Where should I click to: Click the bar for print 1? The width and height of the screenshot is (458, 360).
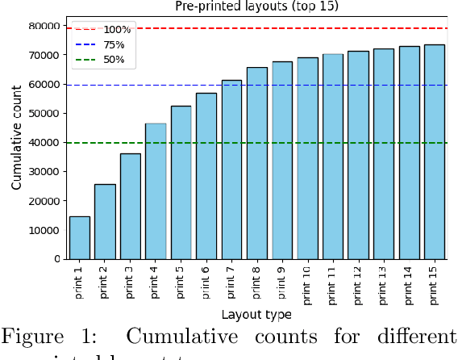pyautogui.click(x=80, y=237)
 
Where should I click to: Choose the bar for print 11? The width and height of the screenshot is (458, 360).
pyautogui.click(x=333, y=157)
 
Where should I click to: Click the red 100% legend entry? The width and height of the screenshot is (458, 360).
pyautogui.click(x=102, y=30)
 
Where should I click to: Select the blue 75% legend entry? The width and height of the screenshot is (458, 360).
pyautogui.click(x=102, y=44)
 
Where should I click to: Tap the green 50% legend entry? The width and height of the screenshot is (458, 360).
pyautogui.click(x=102, y=59)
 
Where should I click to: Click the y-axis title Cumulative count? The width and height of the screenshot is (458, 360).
pyautogui.click(x=16, y=142)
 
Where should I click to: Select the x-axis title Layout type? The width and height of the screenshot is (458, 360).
pyautogui.click(x=256, y=314)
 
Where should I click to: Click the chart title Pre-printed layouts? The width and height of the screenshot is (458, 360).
pyautogui.click(x=256, y=6)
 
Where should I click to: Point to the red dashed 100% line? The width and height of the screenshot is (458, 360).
pyautogui.click(x=282, y=28)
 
